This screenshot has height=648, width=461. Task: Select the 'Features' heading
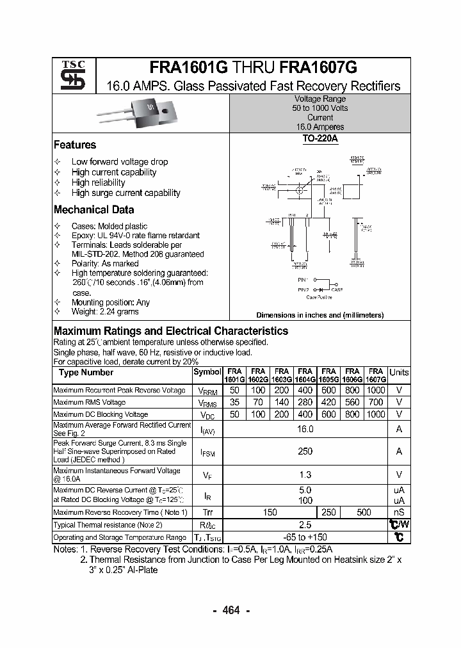[75, 145]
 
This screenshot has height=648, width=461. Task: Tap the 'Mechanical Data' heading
[94, 210]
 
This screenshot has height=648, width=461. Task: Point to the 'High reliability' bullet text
[98, 182]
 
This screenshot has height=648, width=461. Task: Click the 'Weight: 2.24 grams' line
[105, 312]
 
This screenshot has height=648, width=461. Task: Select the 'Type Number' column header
[86, 373]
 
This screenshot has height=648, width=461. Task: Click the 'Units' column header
[399, 373]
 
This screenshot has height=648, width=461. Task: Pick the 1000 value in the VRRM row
[376, 390]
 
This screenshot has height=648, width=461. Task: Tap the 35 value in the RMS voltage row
[234, 402]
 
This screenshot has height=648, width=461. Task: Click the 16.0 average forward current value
[305, 429]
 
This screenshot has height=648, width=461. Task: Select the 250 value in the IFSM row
[305, 451]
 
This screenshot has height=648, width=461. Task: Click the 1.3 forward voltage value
[305, 474]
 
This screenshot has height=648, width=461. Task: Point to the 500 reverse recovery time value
[364, 513]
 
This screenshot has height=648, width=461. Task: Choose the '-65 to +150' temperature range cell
[305, 537]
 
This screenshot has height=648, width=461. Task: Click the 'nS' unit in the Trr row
[399, 513]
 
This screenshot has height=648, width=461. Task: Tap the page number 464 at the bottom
[230, 610]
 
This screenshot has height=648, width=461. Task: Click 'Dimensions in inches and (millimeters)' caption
[319, 315]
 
